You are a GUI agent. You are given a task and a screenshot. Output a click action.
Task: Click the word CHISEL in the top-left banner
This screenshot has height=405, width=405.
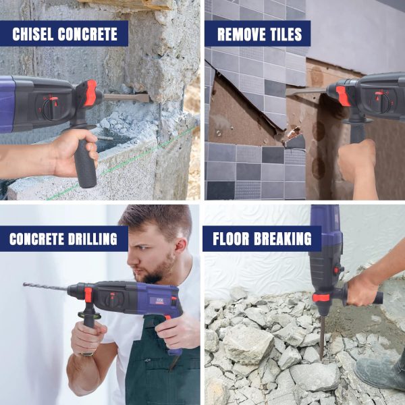[x=32, y=34]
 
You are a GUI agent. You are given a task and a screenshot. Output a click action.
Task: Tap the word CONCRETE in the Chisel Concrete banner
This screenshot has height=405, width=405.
[x=88, y=34]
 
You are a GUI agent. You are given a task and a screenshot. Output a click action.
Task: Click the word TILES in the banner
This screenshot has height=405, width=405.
[x=281, y=34]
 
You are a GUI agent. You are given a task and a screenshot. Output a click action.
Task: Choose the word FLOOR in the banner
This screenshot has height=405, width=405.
[x=231, y=239]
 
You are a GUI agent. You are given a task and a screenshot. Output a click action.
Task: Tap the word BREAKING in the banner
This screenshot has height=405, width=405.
[x=283, y=239]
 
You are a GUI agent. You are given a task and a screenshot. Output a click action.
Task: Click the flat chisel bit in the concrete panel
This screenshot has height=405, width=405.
[x=126, y=98]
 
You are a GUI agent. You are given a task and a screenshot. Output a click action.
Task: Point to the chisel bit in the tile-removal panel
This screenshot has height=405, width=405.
[x=306, y=91]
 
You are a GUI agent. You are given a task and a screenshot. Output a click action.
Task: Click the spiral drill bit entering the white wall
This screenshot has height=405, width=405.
[x=45, y=286]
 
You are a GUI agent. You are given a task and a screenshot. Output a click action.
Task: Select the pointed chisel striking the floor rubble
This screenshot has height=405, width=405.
[x=322, y=337]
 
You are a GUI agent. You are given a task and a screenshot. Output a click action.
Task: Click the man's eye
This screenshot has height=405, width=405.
[x=142, y=248]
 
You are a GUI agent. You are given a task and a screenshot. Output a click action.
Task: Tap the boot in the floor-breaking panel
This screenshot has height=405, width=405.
[x=380, y=373]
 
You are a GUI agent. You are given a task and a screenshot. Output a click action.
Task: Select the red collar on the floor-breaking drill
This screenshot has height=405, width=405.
[x=321, y=298]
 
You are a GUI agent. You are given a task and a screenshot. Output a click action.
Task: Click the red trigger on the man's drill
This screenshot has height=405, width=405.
[x=167, y=317]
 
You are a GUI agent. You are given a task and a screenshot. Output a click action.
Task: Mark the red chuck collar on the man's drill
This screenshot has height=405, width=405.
[x=88, y=295]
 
